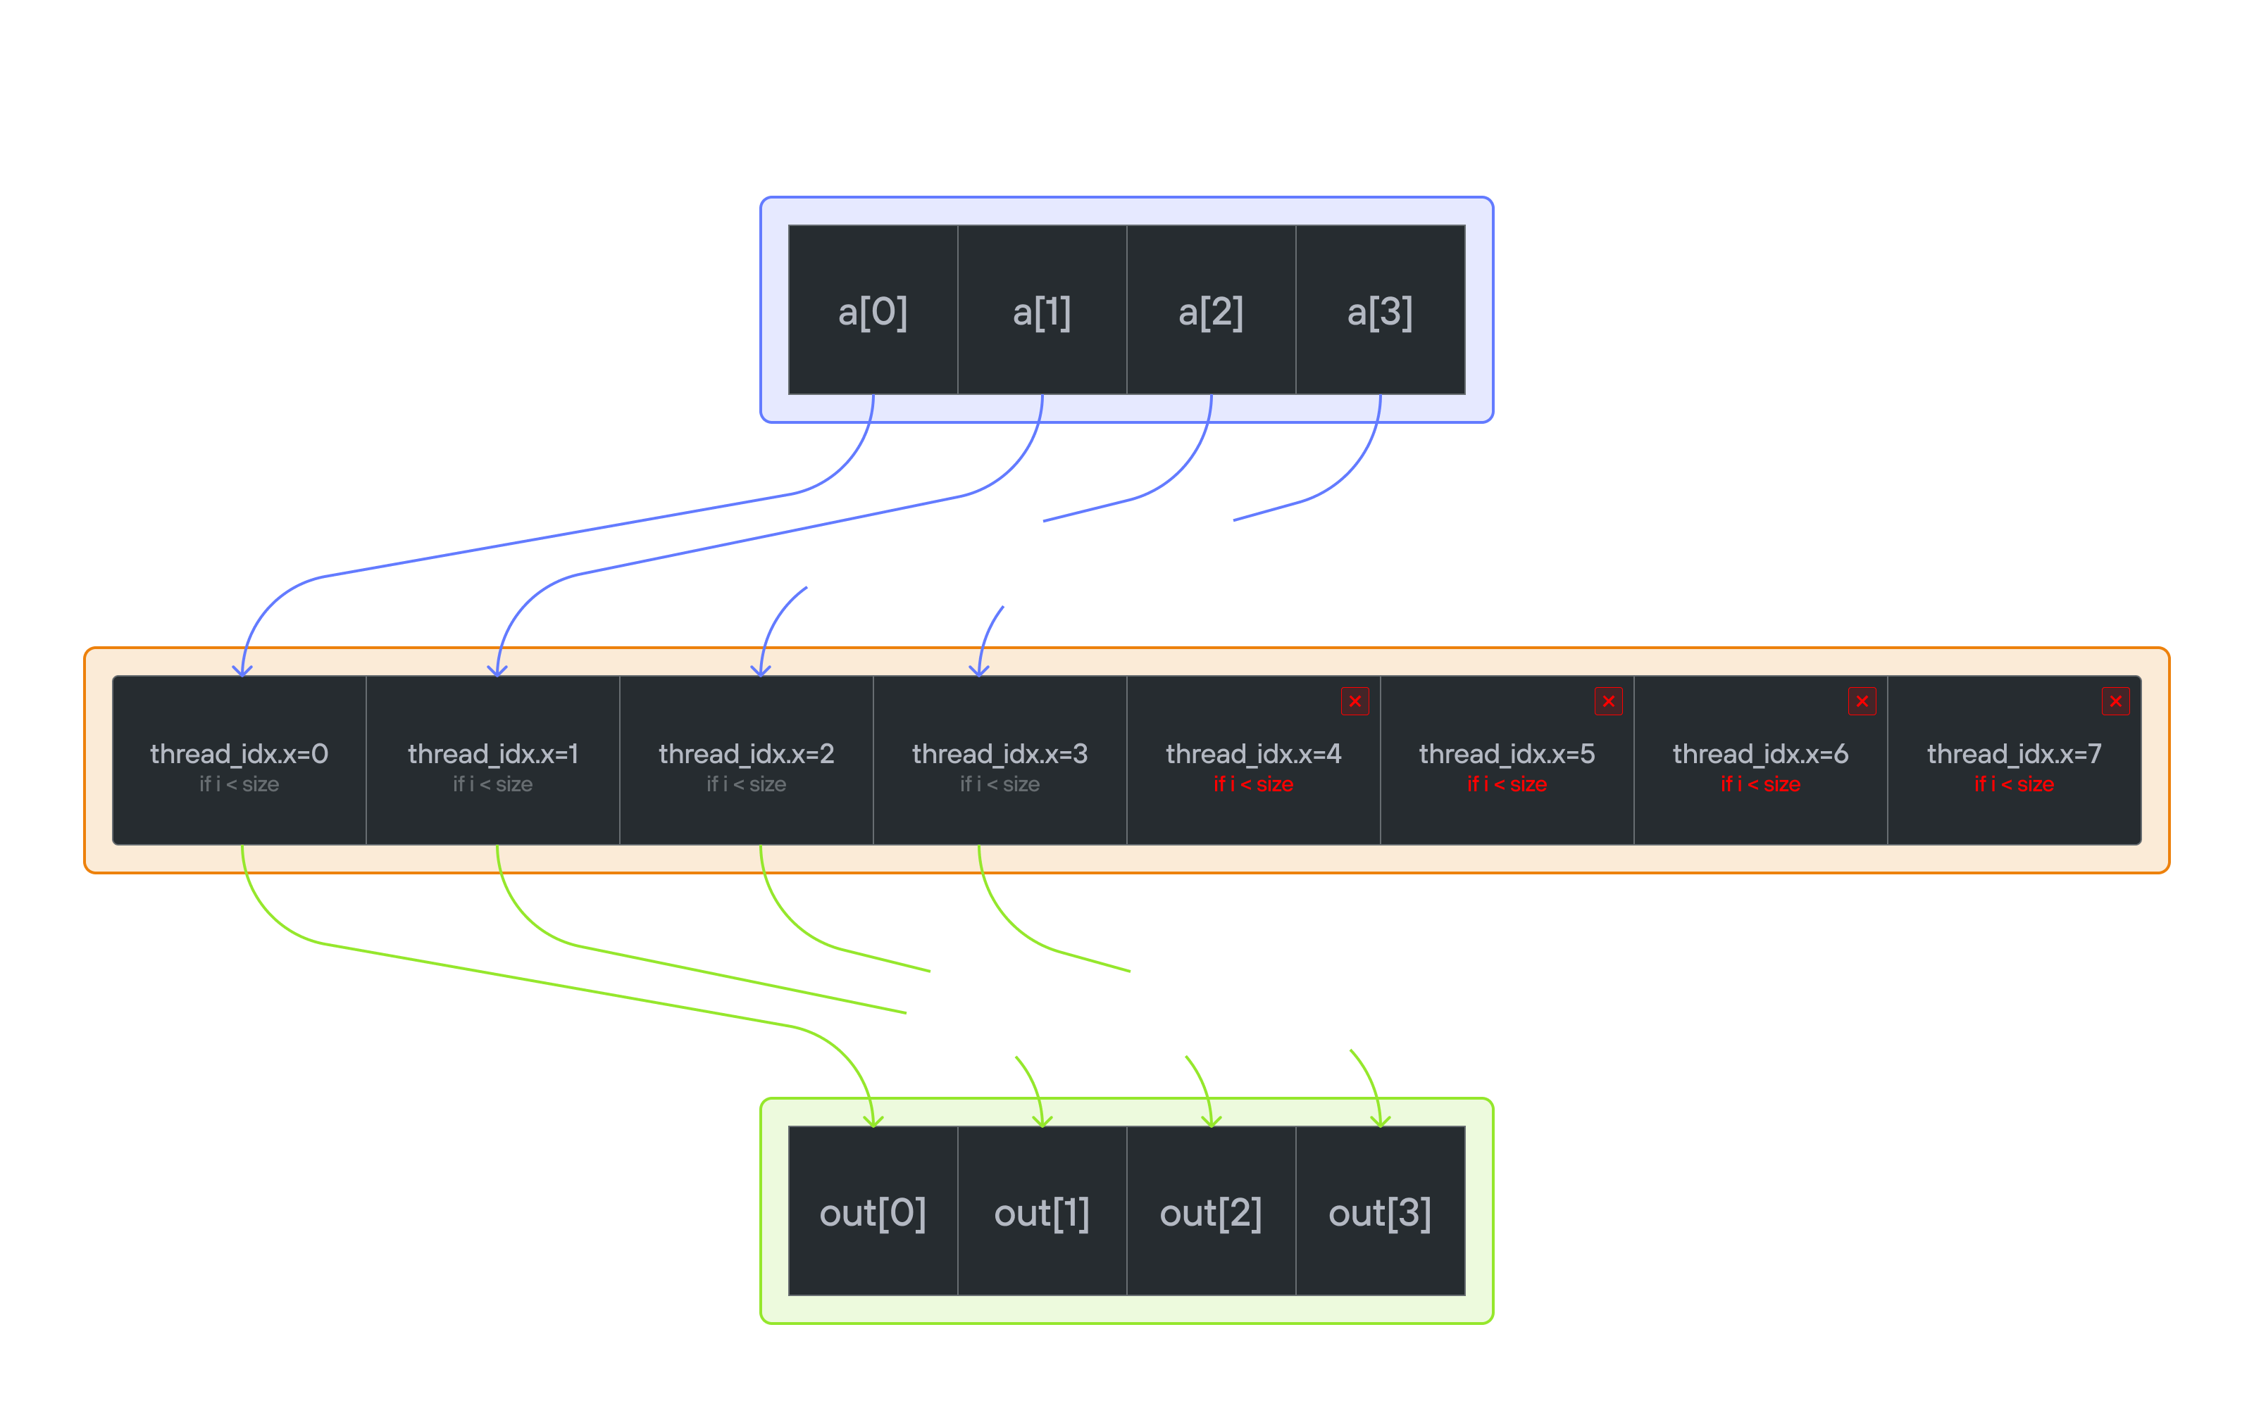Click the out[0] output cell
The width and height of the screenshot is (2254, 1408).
click(873, 1212)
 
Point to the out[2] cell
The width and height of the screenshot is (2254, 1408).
click(1211, 1212)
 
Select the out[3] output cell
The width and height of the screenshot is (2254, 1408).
click(1379, 1212)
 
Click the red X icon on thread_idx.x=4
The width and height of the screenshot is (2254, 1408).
click(1355, 701)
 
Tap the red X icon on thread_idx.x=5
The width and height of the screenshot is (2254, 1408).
click(1609, 701)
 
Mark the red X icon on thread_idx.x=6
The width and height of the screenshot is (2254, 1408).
click(1862, 701)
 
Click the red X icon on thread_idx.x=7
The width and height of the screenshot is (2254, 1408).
click(2115, 701)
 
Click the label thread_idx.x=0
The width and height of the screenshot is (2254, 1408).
click(239, 753)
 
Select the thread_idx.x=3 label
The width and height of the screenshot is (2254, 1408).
click(1000, 753)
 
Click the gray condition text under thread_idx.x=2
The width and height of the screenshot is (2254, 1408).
click(746, 784)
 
